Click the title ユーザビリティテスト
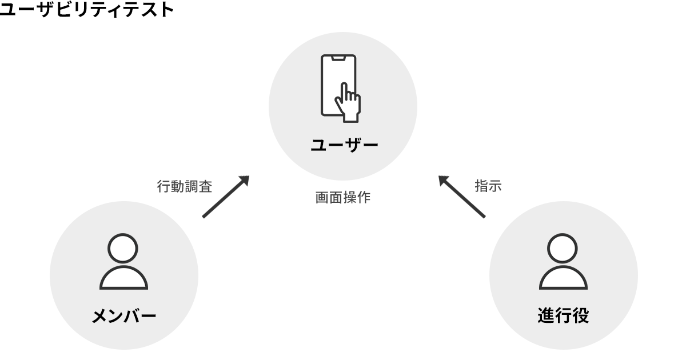click(x=87, y=10)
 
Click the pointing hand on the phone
click(x=348, y=103)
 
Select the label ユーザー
click(x=344, y=145)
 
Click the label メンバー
click(x=124, y=316)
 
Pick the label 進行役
click(x=563, y=315)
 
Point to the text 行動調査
click(x=184, y=186)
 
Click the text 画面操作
click(x=342, y=198)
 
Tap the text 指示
click(x=488, y=186)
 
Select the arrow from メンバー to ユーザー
click(x=226, y=197)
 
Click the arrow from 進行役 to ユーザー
click(x=462, y=197)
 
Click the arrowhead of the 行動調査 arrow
click(x=244, y=181)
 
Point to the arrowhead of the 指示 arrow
click(x=444, y=181)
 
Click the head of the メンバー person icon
click(x=123, y=248)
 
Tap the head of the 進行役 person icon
click(x=563, y=248)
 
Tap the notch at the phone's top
click(x=338, y=58)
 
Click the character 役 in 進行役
click(x=581, y=315)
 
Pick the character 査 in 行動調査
click(x=205, y=186)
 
